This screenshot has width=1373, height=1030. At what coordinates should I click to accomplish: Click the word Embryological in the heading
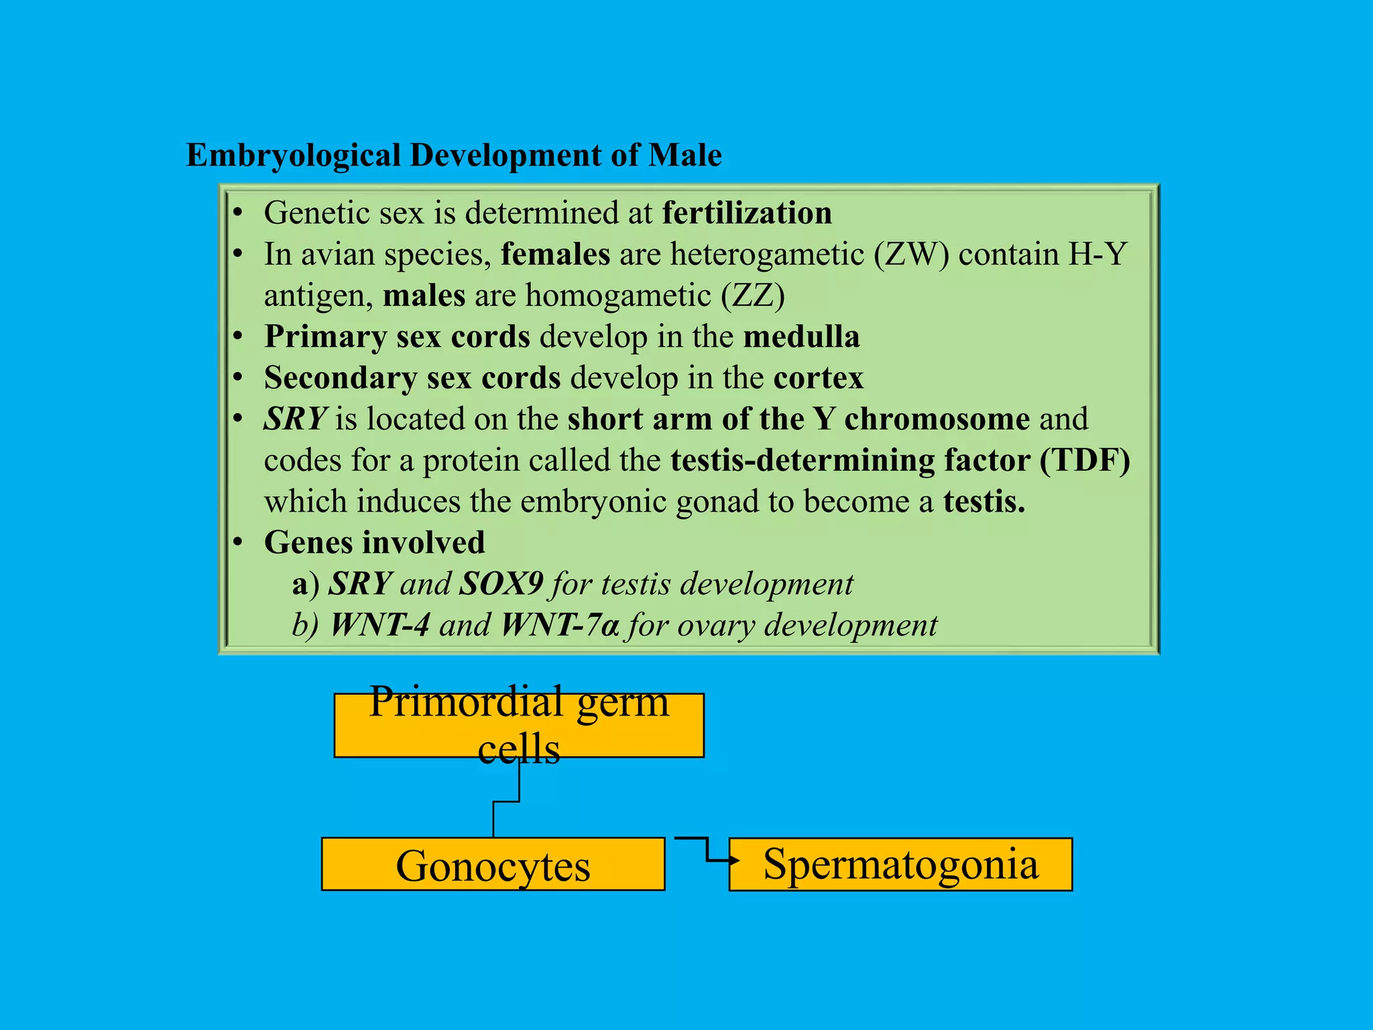pos(293,156)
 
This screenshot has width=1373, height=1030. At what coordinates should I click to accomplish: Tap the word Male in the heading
pos(684,156)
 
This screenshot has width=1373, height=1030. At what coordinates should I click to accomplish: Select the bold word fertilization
pos(747,213)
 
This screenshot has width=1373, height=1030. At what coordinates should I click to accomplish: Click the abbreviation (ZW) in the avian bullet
pos(911,255)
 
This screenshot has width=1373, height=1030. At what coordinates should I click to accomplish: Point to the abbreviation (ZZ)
pos(752,296)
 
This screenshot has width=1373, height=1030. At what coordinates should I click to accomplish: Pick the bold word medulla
pos(801,337)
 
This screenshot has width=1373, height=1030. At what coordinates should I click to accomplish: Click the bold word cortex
pos(818,378)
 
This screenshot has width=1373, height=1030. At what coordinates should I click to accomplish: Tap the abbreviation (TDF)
pos(1085,461)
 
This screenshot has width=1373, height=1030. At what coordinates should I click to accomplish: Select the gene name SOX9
pos(501,584)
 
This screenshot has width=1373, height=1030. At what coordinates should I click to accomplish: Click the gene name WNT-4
pos(380,625)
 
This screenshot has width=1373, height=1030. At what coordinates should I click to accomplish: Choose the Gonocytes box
pos(493,864)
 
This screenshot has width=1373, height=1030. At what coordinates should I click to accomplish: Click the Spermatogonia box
pos(900,864)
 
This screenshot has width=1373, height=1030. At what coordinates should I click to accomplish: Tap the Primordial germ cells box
pos(519,725)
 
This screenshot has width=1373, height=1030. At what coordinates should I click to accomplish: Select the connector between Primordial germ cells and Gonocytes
pos(507,801)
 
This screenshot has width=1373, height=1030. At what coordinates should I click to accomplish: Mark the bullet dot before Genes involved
pos(237,542)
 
